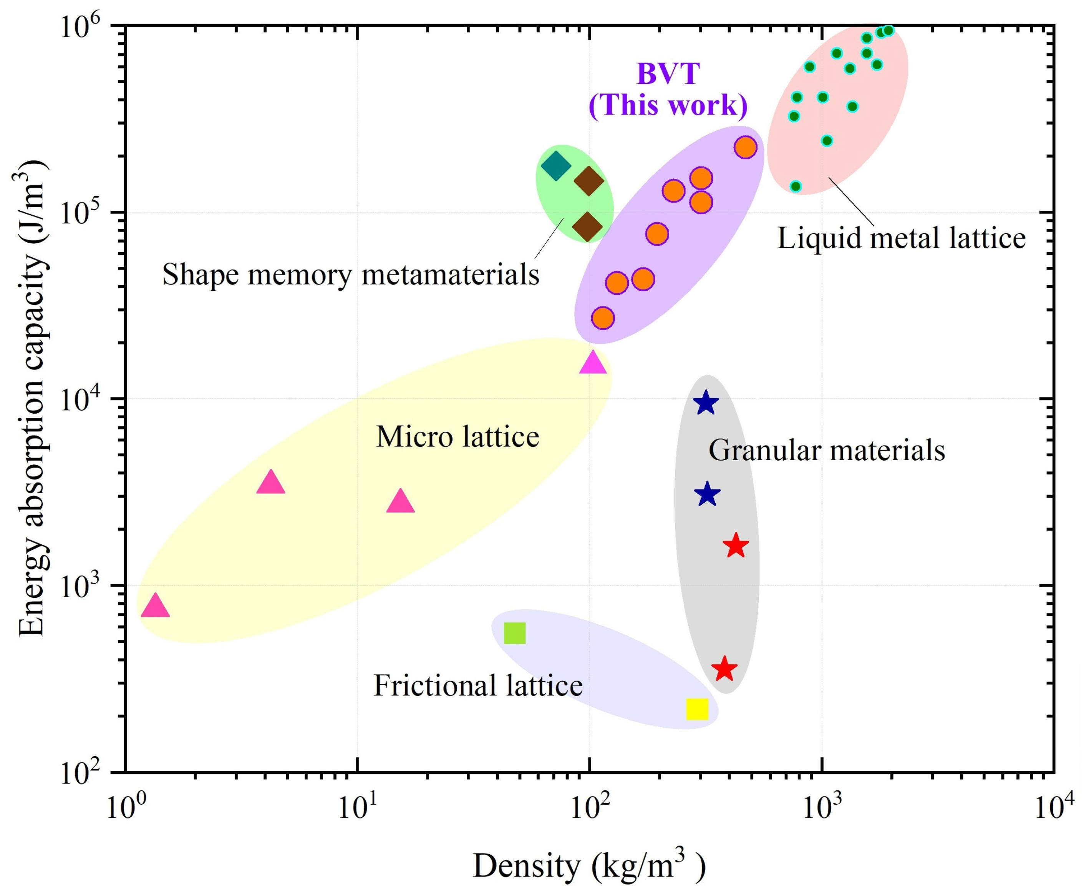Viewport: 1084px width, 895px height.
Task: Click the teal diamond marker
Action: click(x=556, y=166)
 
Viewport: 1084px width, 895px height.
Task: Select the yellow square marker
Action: click(x=697, y=709)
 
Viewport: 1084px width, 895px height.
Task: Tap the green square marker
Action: click(x=514, y=633)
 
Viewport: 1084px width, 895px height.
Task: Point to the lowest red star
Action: click(x=724, y=669)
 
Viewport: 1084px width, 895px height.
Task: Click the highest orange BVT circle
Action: click(x=745, y=148)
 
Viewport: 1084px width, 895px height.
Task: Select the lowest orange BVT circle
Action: click(x=603, y=318)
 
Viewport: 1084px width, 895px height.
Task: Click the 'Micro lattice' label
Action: click(x=457, y=437)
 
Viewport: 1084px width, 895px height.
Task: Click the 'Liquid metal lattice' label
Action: click(x=901, y=238)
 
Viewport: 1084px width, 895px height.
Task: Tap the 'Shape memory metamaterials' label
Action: click(x=350, y=274)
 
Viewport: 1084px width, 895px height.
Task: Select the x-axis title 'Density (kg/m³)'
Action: click(x=588, y=866)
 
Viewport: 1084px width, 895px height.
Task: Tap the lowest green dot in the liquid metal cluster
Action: click(x=796, y=186)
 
